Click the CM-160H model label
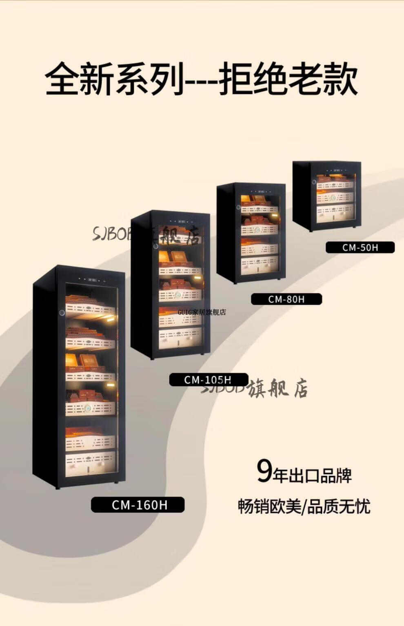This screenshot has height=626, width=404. pyautogui.click(x=138, y=505)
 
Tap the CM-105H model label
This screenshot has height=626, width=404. pyautogui.click(x=208, y=380)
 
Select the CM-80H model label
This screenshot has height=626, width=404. pyautogui.click(x=286, y=299)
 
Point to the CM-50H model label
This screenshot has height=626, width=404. pyautogui.click(x=360, y=247)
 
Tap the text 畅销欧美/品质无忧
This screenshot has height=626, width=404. pyautogui.click(x=304, y=506)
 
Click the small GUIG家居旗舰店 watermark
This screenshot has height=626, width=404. pyautogui.click(x=202, y=312)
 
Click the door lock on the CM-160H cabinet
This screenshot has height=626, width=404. pyautogui.click(x=62, y=313)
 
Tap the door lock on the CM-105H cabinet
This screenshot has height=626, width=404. pyautogui.click(x=155, y=246)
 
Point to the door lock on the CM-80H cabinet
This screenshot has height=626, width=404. pyautogui.click(x=238, y=207)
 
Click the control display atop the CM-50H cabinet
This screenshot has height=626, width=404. pyautogui.click(x=337, y=170)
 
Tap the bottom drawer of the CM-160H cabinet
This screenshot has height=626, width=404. pyautogui.click(x=90, y=462)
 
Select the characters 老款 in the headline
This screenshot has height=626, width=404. pyautogui.click(x=322, y=79)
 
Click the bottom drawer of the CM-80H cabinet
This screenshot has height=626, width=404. pyautogui.click(x=259, y=264)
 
